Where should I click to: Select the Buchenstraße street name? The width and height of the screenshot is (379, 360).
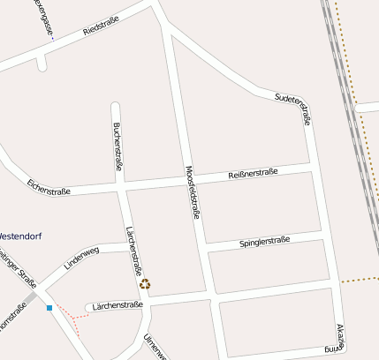click(x=117, y=146)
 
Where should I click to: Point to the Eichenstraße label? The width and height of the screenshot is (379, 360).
click(x=49, y=187)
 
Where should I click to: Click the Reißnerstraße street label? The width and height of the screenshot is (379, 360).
click(x=254, y=173)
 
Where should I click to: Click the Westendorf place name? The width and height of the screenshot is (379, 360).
click(x=19, y=236)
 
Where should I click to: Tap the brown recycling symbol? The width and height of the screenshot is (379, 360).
click(x=145, y=284)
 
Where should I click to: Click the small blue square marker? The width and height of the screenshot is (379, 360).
click(x=49, y=308)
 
